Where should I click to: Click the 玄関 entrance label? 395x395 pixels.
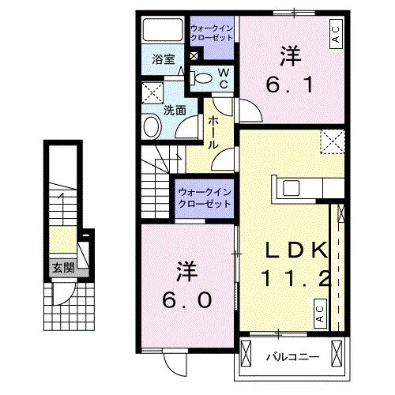click(63, 268)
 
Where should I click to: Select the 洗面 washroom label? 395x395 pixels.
click(175, 111)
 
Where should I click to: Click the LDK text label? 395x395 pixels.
click(294, 252)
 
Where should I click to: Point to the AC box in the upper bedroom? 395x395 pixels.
click(335, 34)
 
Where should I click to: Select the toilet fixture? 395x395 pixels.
click(201, 77)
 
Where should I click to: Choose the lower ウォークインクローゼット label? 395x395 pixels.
click(204, 197)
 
